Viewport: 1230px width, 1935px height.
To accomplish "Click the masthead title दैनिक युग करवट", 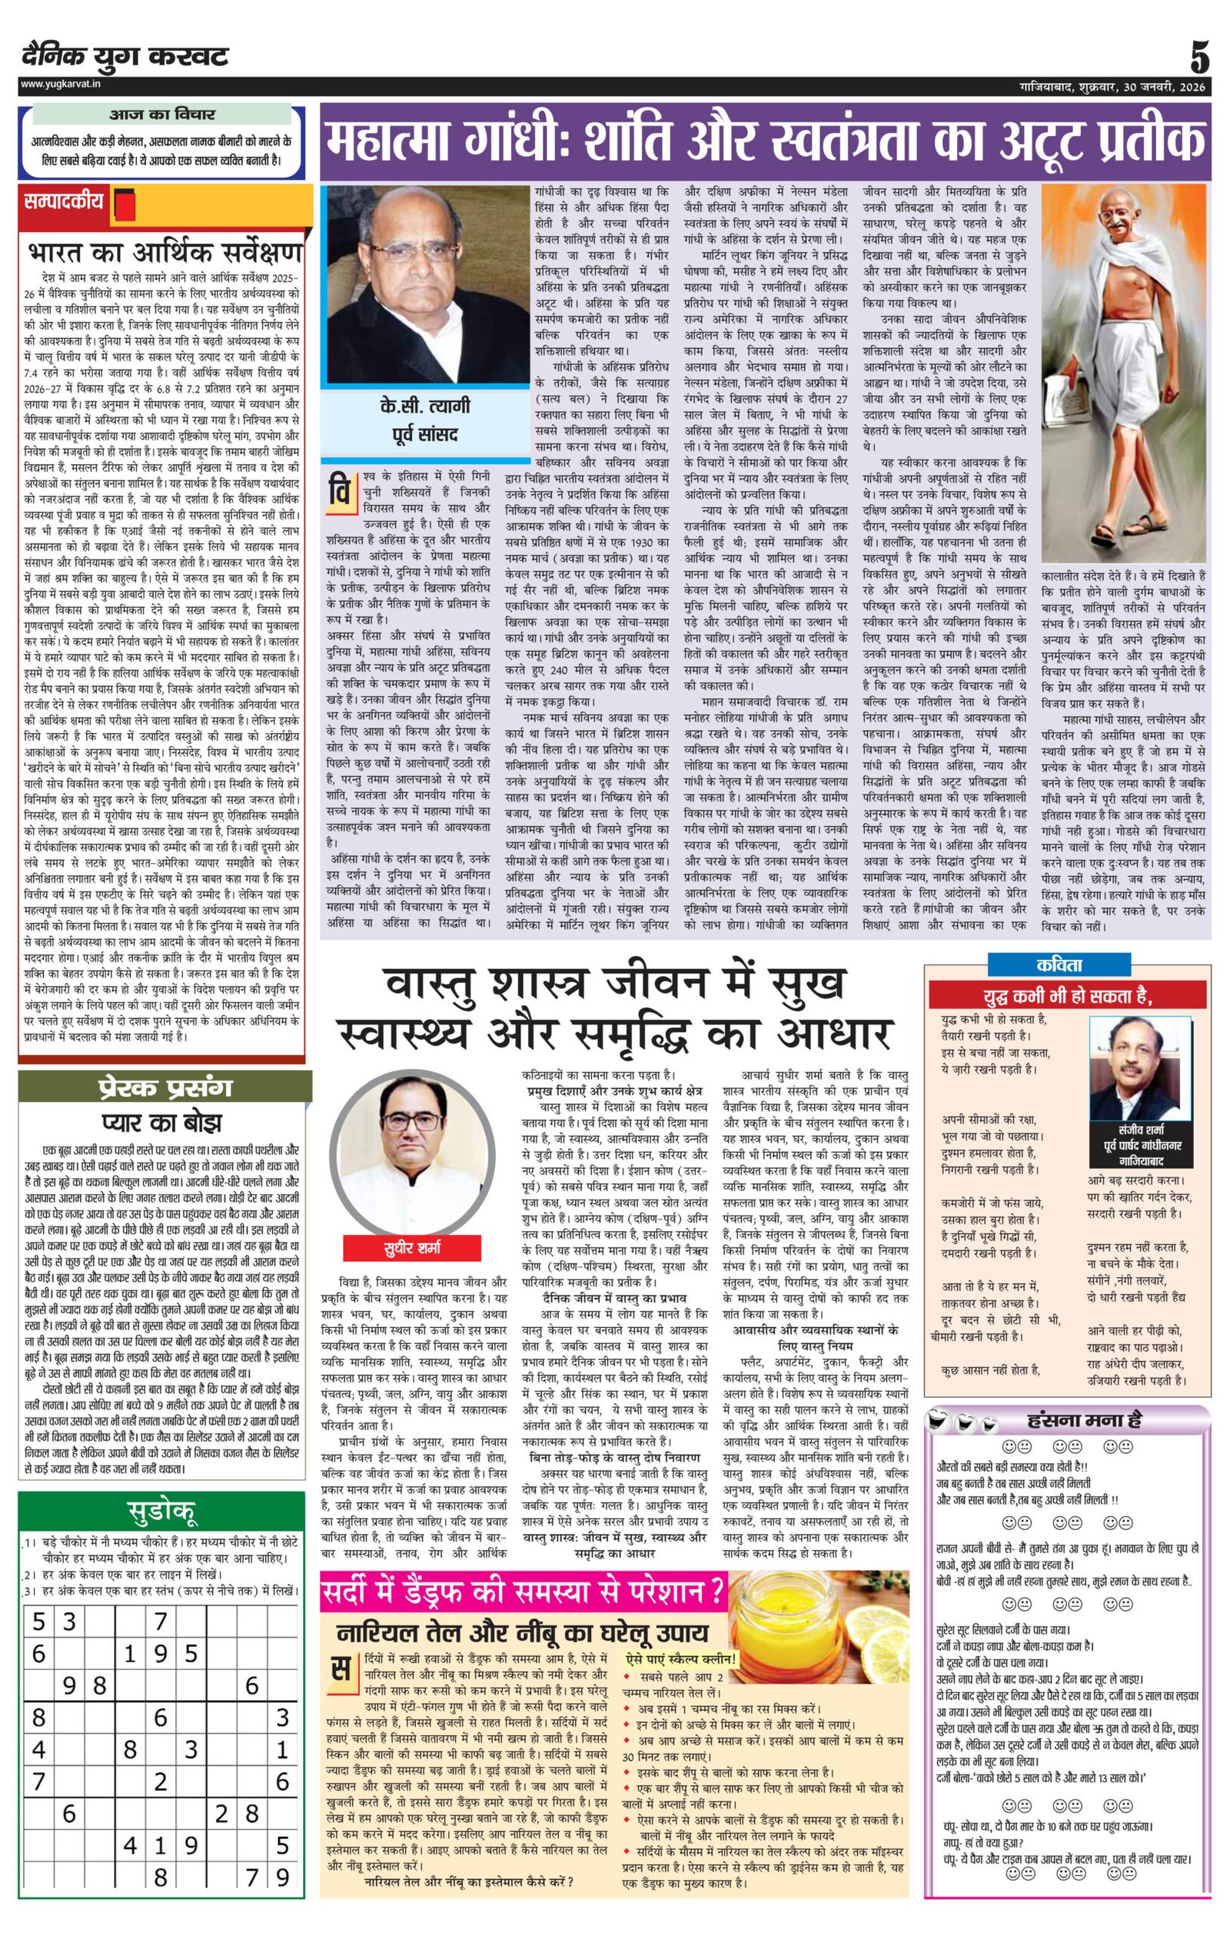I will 125,57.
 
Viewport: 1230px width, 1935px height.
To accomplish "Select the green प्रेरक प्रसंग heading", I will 164,1087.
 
